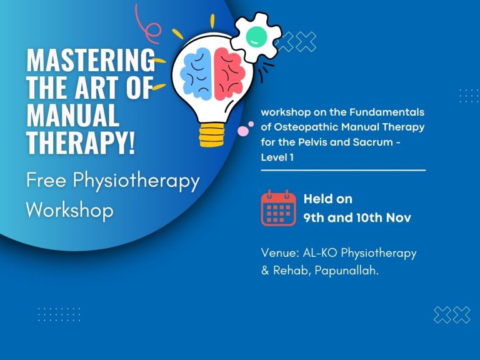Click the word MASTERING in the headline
[x=91, y=61]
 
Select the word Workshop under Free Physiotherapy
[x=69, y=209]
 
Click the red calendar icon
[x=278, y=208]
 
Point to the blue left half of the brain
[x=196, y=73]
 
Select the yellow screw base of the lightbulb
[x=212, y=133]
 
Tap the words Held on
[x=327, y=199]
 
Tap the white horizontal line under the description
[x=343, y=170]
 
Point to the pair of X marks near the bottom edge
[x=451, y=315]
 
